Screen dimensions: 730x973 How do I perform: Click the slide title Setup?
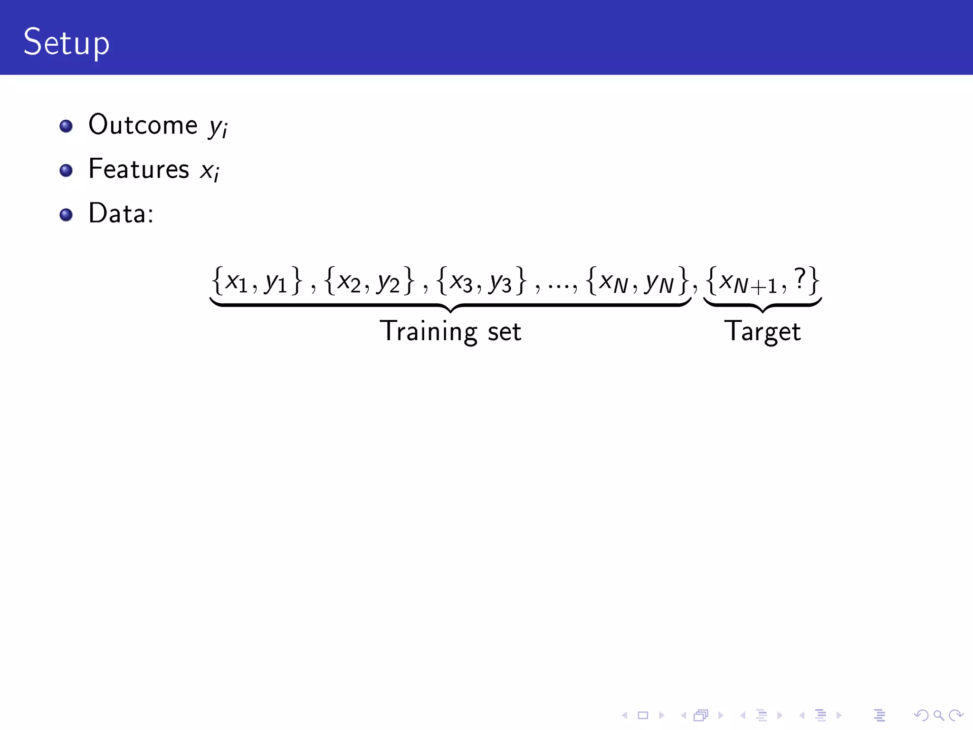pos(67,43)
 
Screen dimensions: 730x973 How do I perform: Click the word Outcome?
pos(143,125)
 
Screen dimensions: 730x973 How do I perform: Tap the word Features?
pos(139,169)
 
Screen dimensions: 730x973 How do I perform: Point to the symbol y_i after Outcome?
pos(218,127)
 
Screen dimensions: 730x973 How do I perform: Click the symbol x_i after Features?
pos(210,171)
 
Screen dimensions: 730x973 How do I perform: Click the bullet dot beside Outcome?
pos(66,126)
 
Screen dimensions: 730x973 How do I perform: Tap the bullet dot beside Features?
pos(66,170)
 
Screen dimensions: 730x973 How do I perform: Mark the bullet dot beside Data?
pos(66,215)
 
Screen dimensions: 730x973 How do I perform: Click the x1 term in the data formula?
pos(236,282)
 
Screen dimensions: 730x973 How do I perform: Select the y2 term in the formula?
pos(388,282)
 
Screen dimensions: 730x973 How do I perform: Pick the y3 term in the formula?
pos(500,282)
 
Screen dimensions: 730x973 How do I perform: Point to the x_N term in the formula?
pos(613,283)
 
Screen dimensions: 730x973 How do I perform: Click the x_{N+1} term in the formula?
pos(748,283)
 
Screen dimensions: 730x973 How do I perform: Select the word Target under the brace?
pos(762,332)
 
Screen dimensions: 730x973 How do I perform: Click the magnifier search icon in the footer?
pos(938,715)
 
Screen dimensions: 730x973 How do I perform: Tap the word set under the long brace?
pos(504,332)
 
